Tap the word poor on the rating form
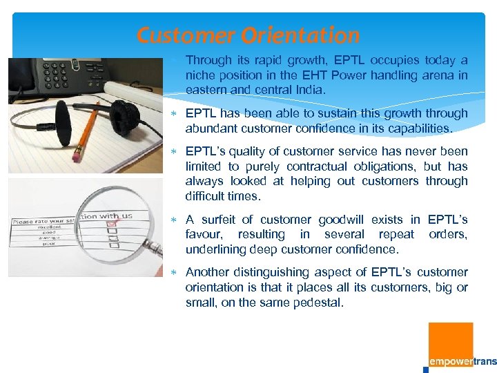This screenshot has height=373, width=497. [28, 243]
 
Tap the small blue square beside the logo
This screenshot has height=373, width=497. [426, 369]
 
